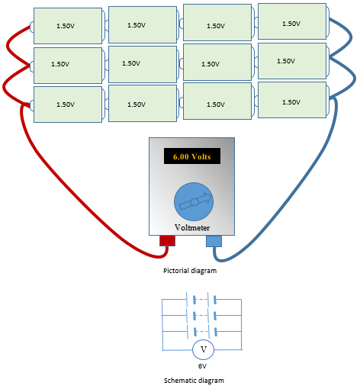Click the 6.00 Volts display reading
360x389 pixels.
tap(191, 156)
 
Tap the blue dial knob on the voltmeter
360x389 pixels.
tap(194, 201)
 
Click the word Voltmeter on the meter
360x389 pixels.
tap(192, 227)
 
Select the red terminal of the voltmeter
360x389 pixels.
tap(167, 241)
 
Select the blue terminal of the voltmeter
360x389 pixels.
tap(214, 241)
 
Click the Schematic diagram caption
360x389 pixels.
tap(194, 380)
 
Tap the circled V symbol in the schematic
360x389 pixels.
tap(203, 349)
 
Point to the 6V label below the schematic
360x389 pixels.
tap(203, 366)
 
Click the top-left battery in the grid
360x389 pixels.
tap(67, 26)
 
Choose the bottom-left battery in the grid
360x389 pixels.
tap(67, 104)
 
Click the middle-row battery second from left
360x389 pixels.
tap(142, 64)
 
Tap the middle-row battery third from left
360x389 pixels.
tap(217, 63)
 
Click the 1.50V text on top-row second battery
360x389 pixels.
tap(137, 25)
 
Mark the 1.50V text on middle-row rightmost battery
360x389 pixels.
tap(286, 61)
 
